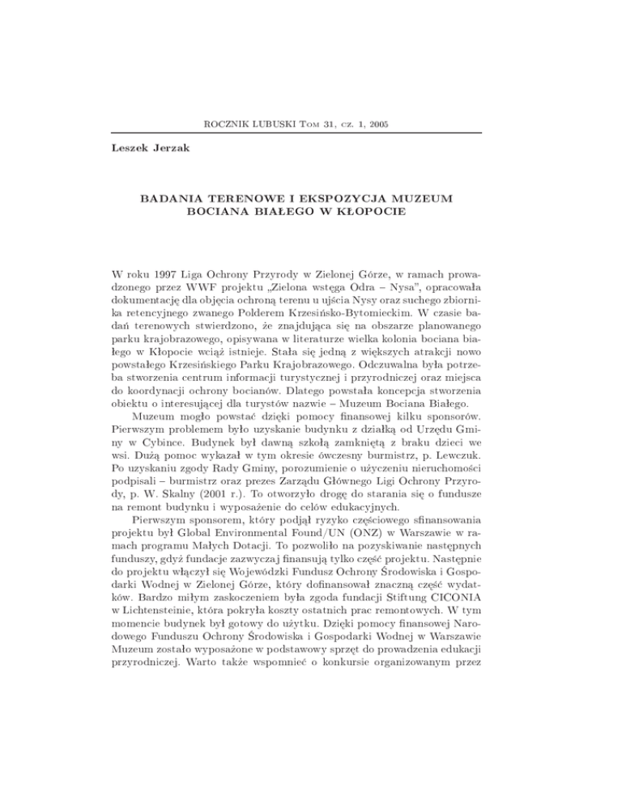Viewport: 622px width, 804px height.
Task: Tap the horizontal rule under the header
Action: [x=310, y=133]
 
